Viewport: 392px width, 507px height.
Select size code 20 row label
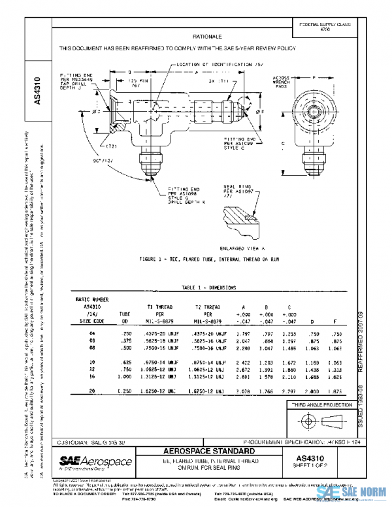[91, 390]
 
